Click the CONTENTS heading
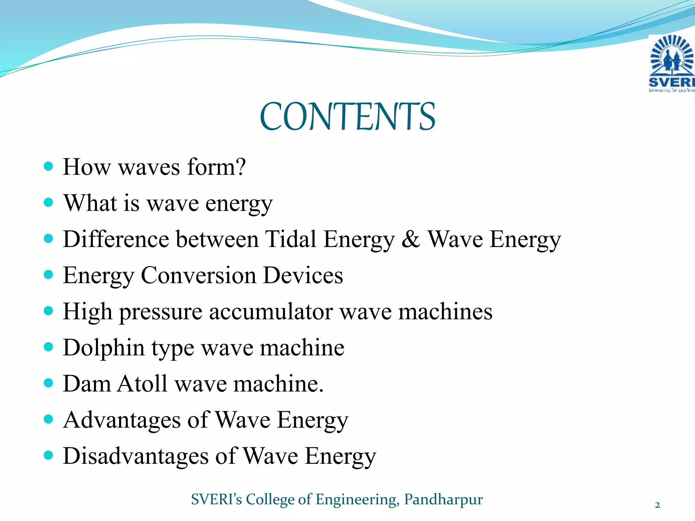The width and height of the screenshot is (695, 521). [x=347, y=117]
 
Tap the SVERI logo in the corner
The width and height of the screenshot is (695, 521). [x=671, y=64]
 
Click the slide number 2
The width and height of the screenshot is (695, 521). [x=657, y=505]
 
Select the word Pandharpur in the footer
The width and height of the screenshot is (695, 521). [x=443, y=499]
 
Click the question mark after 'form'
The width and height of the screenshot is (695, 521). [x=240, y=167]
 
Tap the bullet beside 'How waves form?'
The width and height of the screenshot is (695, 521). [x=49, y=166]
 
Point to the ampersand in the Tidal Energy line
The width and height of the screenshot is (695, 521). [x=411, y=239]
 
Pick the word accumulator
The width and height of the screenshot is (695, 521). [x=270, y=311]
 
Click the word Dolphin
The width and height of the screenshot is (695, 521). [x=104, y=348]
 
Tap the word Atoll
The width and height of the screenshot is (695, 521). [x=142, y=384]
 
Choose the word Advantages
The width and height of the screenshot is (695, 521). [x=121, y=420]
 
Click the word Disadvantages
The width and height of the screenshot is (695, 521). [x=136, y=456]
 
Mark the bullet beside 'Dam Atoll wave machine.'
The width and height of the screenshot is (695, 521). [x=49, y=383]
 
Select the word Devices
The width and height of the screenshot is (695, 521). [x=303, y=275]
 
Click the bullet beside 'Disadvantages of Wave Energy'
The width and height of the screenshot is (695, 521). [x=49, y=455]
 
